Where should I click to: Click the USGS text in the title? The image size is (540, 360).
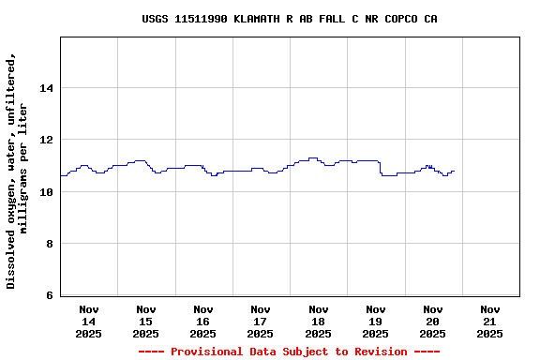coord(156,19)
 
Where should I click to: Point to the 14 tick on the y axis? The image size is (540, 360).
coord(46,88)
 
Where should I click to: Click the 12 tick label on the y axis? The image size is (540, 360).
coord(46,140)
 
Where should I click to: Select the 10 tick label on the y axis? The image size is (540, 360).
coord(46,192)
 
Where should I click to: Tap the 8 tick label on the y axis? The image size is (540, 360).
coord(49,244)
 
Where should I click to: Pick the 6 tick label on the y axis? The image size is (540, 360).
coord(49,296)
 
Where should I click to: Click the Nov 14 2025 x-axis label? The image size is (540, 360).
coord(89,321)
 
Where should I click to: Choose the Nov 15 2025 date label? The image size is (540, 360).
coord(146,321)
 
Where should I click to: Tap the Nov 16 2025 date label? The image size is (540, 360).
coord(203,321)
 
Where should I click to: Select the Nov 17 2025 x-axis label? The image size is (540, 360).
coord(261,321)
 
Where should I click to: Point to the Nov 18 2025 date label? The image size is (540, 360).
coord(318,321)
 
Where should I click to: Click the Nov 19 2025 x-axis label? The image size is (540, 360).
coord(375,321)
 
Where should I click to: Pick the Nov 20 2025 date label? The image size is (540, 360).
coord(432,321)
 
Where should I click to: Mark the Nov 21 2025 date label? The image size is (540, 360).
coord(489,321)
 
